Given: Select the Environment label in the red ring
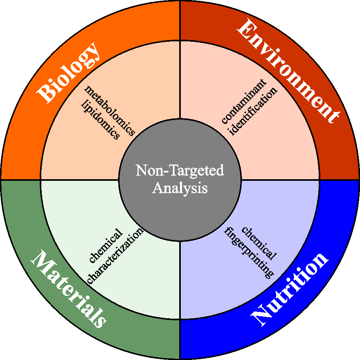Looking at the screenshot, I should [x=289, y=72].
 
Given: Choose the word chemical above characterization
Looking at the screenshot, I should [x=105, y=247].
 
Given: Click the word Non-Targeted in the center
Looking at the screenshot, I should [x=180, y=171].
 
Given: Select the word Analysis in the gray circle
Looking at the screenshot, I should [x=180, y=188].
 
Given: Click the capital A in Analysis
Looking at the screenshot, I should [x=158, y=188].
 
